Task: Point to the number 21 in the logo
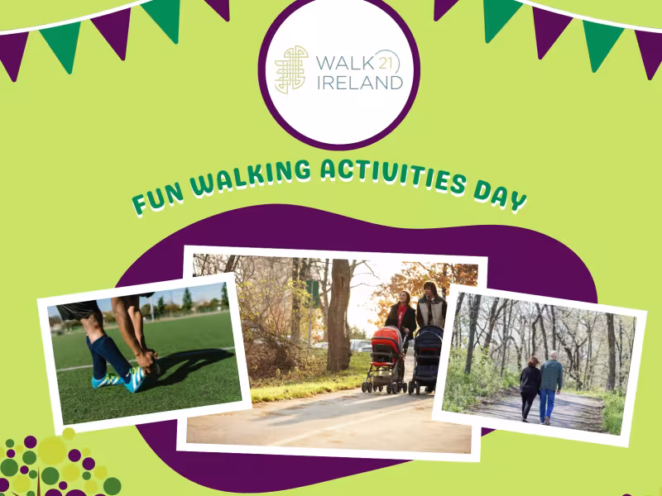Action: pos(388,61)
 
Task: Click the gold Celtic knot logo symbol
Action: pos(291,69)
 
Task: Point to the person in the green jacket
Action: pos(551,384)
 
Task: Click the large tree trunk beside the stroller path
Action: pos(338,314)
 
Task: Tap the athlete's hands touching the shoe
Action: pos(149,360)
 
